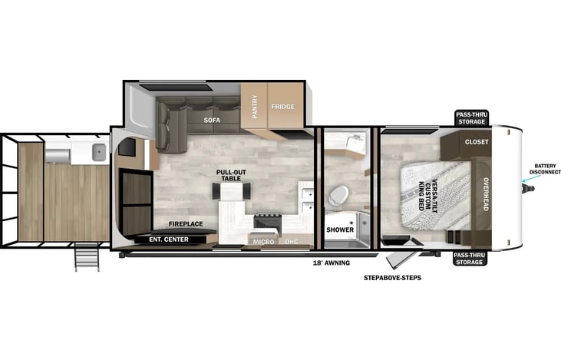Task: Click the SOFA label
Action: (212, 121)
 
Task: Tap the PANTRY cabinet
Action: (254, 106)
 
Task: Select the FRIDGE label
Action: (282, 107)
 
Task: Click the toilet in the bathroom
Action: (339, 196)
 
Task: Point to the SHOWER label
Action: (340, 230)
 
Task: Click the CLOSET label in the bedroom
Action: (477, 142)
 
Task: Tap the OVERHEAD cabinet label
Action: (486, 194)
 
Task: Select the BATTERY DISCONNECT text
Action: (545, 169)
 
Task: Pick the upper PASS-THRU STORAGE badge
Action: (472, 118)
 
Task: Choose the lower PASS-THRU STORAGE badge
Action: (470, 259)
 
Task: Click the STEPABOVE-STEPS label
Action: (392, 278)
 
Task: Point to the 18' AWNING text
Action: (332, 263)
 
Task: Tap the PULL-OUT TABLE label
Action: (231, 175)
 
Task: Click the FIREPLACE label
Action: (186, 224)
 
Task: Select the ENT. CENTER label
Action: (169, 239)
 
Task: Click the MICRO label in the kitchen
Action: (264, 242)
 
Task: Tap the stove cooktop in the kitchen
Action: (268, 222)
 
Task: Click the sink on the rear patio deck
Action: (99, 152)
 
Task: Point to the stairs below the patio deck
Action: (87, 256)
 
